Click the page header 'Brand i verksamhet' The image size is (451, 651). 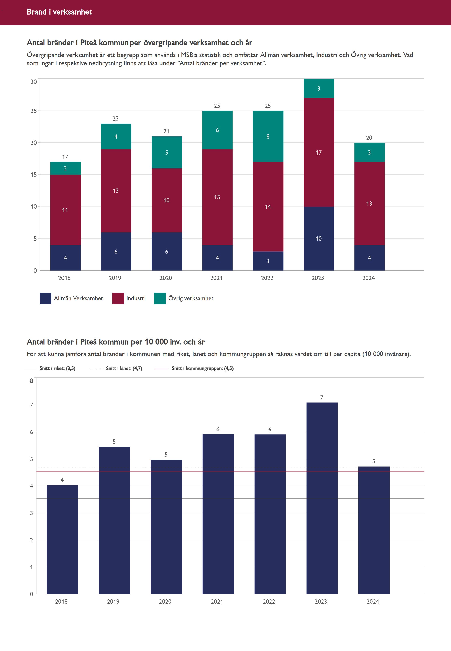coord(59,12)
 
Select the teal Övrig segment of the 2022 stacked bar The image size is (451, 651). coord(268,136)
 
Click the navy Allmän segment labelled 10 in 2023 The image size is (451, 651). coord(319,239)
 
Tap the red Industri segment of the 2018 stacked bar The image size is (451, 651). coord(65,210)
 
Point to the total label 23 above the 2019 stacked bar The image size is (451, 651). coord(116,119)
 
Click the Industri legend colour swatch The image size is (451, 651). coord(118,298)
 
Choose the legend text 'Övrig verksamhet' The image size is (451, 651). coord(191,298)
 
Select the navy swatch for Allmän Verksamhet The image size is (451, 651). coord(45,298)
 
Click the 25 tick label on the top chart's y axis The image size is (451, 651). coord(34,111)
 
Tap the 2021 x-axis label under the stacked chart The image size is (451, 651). coord(216,278)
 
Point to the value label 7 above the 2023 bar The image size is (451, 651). coord(322,398)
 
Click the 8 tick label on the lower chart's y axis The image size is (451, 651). coord(32,381)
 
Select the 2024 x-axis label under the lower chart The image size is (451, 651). coord(372,601)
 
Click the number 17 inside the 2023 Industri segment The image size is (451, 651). coord(319,153)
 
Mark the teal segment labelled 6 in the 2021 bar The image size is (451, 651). coord(217,130)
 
